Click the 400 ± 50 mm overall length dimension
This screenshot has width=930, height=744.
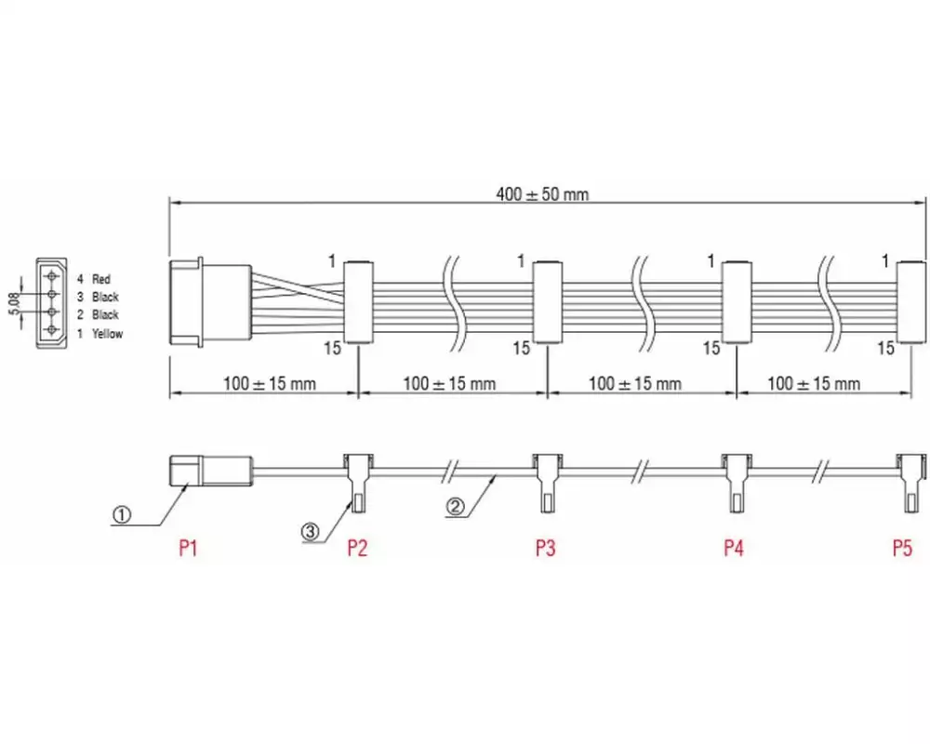click(542, 194)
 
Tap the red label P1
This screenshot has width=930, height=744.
click(189, 548)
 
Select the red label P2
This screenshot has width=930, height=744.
click(357, 548)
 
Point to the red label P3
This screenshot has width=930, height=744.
click(545, 548)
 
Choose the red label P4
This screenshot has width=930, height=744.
click(734, 548)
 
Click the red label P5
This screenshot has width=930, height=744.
click(902, 548)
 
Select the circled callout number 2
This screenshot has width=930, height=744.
click(455, 507)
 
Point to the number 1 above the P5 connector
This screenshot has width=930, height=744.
click(886, 260)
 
